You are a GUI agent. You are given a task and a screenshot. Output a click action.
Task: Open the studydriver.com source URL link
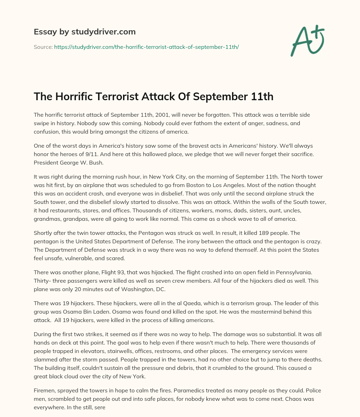[146, 47]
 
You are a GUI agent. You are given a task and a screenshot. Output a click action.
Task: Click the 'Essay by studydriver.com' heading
[84, 32]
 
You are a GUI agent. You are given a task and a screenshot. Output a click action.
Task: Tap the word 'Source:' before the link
[43, 47]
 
